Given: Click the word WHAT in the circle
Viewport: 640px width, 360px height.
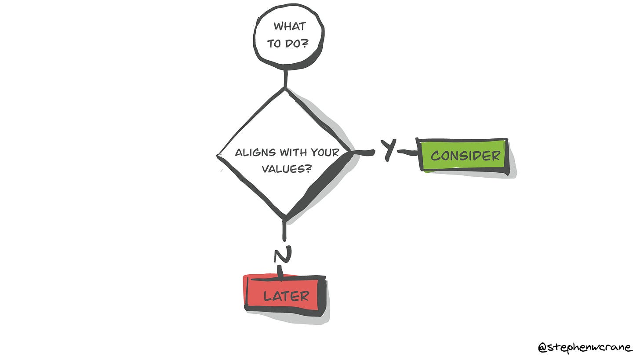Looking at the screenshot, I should click(x=290, y=26).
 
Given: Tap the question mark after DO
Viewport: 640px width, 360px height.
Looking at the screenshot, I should click(x=304, y=44).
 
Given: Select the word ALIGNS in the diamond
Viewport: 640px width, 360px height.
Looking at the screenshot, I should click(x=255, y=153).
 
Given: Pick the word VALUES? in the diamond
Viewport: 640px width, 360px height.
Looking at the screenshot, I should click(x=286, y=168).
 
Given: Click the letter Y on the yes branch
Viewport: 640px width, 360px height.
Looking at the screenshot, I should click(x=387, y=150).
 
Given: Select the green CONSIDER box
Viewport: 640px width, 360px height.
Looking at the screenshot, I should click(x=465, y=156).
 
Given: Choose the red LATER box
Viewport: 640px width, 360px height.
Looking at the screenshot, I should click(x=286, y=295).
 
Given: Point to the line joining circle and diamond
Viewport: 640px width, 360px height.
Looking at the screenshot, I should click(x=286, y=78).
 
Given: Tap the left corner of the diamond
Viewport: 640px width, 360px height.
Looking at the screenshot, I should click(x=219, y=155).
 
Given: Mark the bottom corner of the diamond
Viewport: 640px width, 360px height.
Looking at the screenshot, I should click(x=285, y=218).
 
